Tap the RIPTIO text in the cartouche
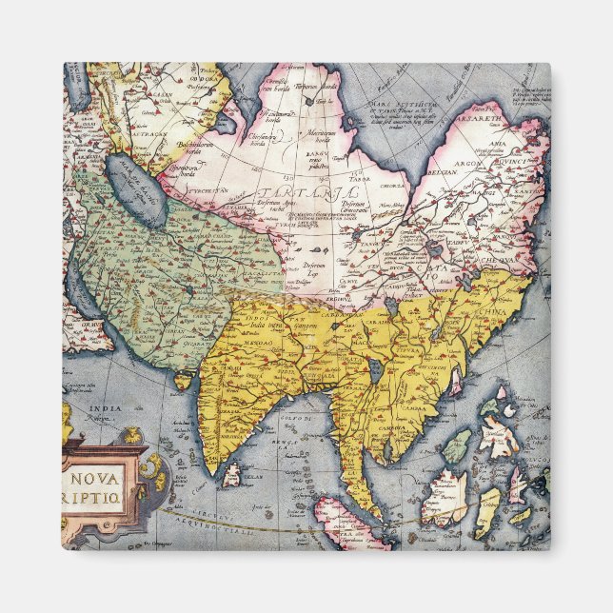(102, 495)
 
